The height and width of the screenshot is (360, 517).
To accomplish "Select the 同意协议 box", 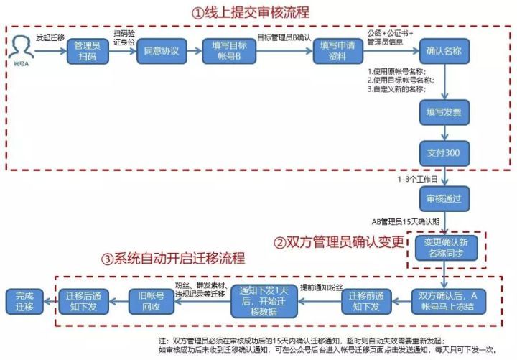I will pyautogui.click(x=160, y=52).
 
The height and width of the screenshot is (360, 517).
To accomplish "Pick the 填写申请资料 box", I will pyautogui.click(x=337, y=52).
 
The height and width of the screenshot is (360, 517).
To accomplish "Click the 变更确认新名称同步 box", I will pyautogui.click(x=444, y=248).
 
